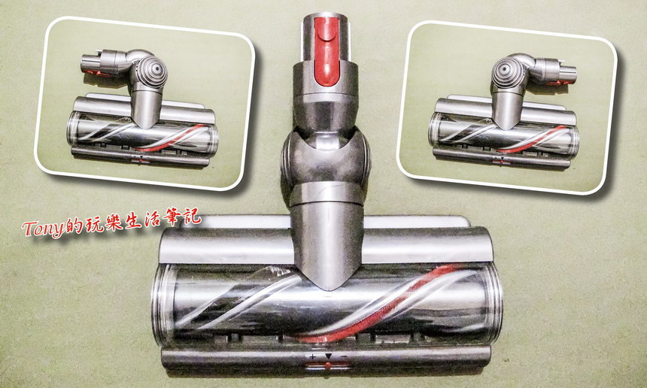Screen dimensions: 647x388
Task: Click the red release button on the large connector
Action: click(x=327, y=50)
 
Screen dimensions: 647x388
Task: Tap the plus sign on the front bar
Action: click(x=312, y=356)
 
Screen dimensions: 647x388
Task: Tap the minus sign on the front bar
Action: click(x=344, y=356)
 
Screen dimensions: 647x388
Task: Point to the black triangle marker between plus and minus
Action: click(x=329, y=356)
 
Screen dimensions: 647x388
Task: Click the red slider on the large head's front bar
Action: click(x=327, y=365)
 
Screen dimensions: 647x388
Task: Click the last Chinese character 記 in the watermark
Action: click(x=191, y=216)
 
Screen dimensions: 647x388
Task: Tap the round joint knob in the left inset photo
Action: click(x=151, y=72)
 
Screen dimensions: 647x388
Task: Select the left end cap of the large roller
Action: click(x=163, y=305)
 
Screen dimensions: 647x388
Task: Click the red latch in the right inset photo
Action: click(x=559, y=83)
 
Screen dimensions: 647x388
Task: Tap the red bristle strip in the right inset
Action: click(x=533, y=139)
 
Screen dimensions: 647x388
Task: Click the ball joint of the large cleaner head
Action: click(x=326, y=159)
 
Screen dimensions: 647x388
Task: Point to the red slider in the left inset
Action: click(x=141, y=159)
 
